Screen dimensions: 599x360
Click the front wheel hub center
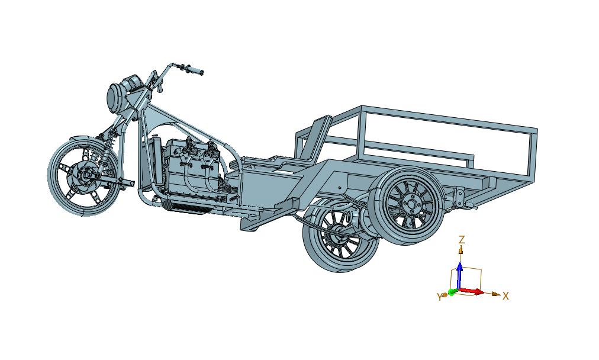[84, 176]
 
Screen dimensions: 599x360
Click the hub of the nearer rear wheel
[411, 204]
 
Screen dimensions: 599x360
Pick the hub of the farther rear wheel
[337, 237]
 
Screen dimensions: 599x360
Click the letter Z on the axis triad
[462, 240]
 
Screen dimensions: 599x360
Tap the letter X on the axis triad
[506, 296]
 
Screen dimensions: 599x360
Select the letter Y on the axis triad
[439, 297]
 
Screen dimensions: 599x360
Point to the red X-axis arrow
[471, 292]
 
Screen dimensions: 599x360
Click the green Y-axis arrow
[452, 292]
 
